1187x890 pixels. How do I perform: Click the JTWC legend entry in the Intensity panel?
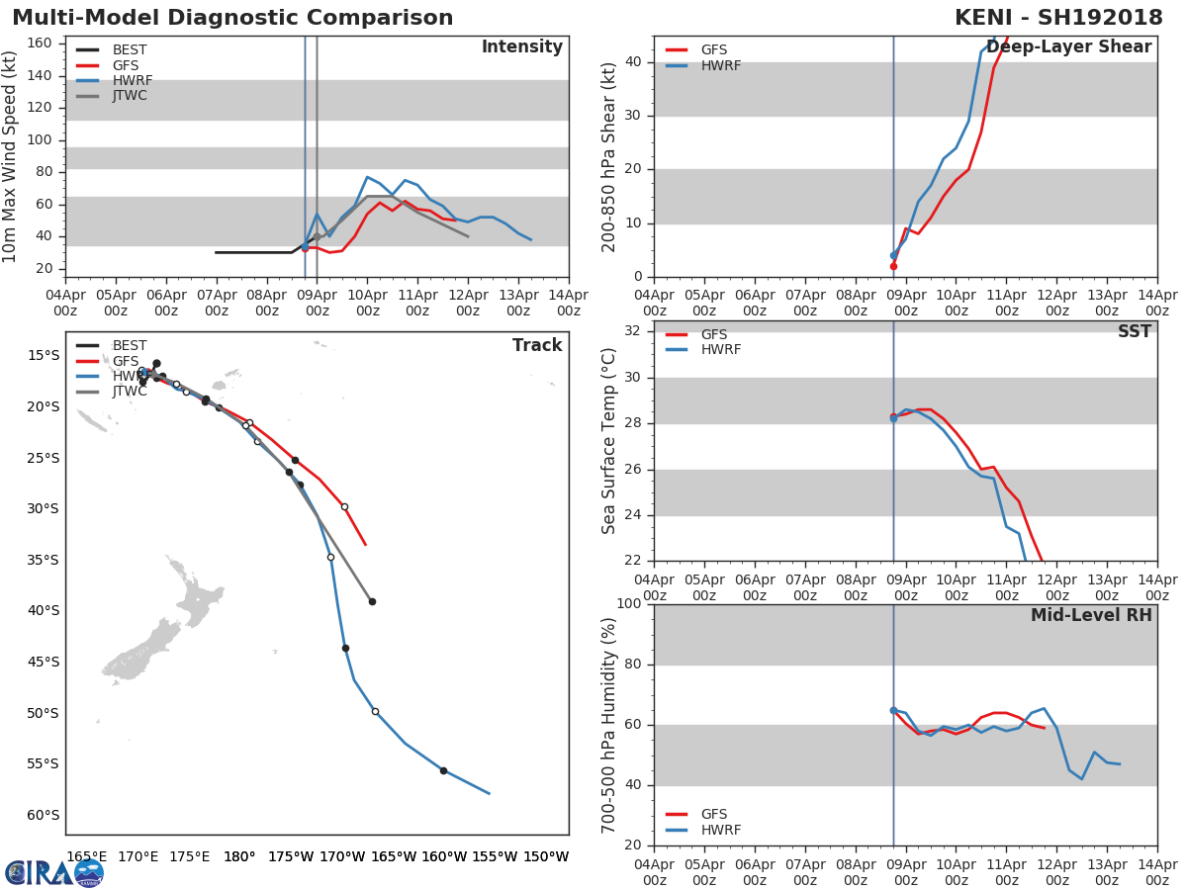point(112,96)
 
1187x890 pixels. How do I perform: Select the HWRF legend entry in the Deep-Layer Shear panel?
point(703,65)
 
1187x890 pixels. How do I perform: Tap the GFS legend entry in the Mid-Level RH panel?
point(696,814)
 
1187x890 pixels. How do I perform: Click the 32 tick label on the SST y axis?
point(633,330)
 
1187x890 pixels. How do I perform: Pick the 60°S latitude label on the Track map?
point(43,814)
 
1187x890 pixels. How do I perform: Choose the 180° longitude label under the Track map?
point(239,856)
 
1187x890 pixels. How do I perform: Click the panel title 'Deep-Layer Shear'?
point(1068,47)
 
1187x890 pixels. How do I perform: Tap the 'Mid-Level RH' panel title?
point(1091,615)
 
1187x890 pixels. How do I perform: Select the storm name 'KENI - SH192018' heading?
point(1058,17)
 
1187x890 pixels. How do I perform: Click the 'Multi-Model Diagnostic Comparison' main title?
point(232,17)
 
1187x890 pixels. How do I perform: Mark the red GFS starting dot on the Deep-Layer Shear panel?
point(893,266)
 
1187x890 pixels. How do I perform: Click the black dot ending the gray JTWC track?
point(372,601)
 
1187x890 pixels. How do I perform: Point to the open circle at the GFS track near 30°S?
point(344,507)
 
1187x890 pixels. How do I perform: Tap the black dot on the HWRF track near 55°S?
point(443,770)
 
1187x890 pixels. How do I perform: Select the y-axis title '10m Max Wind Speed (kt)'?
point(9,156)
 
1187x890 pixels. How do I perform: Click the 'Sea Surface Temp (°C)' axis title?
point(608,441)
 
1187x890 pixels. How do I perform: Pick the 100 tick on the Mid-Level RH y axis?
point(629,603)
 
